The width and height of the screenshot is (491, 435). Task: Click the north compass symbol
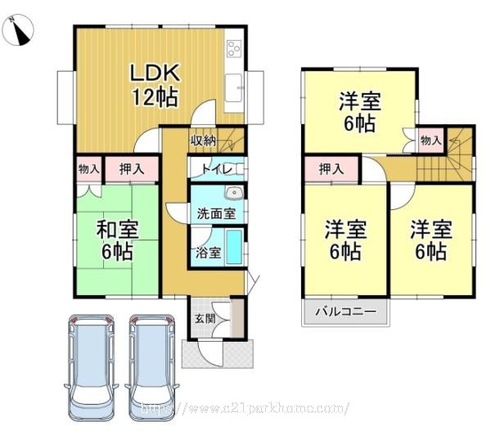(17, 30)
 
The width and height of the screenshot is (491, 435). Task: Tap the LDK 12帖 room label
(155, 85)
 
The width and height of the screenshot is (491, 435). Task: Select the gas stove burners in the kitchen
(234, 48)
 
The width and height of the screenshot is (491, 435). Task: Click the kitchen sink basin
(233, 88)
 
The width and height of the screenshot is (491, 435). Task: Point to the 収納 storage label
(204, 141)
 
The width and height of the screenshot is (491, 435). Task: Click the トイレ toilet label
(217, 169)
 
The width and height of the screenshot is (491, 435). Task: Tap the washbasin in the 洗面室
(233, 193)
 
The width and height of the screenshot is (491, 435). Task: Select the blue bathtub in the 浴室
(234, 247)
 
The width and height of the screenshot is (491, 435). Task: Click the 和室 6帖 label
(117, 240)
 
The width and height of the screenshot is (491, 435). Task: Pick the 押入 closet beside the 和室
(132, 169)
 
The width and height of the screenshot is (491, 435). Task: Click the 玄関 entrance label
(205, 319)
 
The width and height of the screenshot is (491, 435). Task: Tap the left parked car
(91, 368)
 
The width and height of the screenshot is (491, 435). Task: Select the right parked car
(152, 368)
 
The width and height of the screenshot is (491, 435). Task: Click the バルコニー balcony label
(345, 312)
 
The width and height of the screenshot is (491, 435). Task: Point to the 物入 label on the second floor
(431, 141)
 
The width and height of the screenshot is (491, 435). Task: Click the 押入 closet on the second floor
(331, 169)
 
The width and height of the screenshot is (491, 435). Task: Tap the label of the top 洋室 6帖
(360, 112)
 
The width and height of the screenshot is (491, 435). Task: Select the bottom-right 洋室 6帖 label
(431, 240)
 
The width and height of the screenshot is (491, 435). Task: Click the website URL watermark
(245, 408)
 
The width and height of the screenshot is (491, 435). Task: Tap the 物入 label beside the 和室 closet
(89, 169)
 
